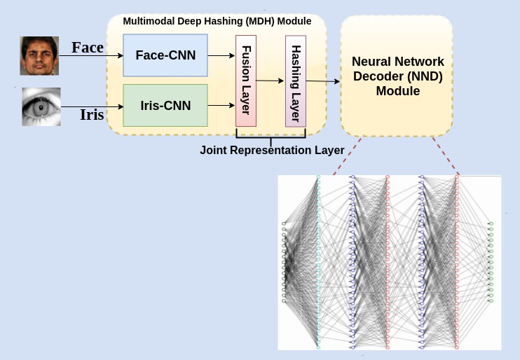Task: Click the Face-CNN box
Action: pyautogui.click(x=165, y=55)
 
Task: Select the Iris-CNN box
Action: pyautogui.click(x=165, y=106)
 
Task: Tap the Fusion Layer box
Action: pyautogui.click(x=246, y=79)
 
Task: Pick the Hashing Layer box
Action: pyautogui.click(x=296, y=79)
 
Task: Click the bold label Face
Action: pyautogui.click(x=88, y=48)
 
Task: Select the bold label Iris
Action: pyautogui.click(x=92, y=115)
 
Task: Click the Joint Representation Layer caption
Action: pyautogui.click(x=272, y=150)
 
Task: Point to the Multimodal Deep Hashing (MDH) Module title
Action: pyautogui.click(x=217, y=21)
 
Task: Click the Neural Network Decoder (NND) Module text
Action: pyautogui.click(x=397, y=76)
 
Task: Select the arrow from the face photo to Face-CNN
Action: pyautogui.click(x=91, y=55)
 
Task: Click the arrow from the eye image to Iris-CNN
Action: pyautogui.click(x=91, y=106)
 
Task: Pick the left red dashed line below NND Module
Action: pyautogui.click(x=343, y=155)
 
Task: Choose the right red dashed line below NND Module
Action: pyautogui.click(x=446, y=155)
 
